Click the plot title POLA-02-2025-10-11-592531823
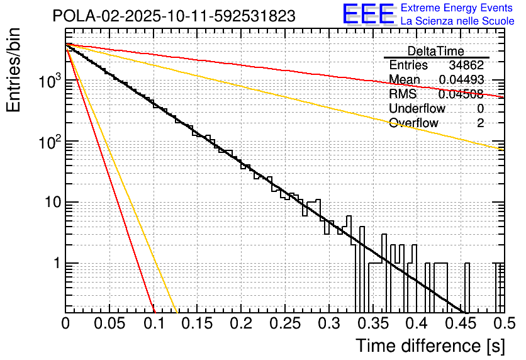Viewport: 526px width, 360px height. click(174, 16)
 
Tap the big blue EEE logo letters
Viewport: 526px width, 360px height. click(369, 14)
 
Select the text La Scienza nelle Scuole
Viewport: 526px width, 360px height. click(458, 21)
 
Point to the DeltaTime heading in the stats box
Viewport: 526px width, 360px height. click(436, 51)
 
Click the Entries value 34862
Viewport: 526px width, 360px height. click(466, 65)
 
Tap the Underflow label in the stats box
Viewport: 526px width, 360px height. click(417, 109)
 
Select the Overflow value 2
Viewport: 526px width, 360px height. click(480, 123)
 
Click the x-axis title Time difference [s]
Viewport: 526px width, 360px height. click(428, 346)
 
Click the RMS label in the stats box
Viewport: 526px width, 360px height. click(403, 94)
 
